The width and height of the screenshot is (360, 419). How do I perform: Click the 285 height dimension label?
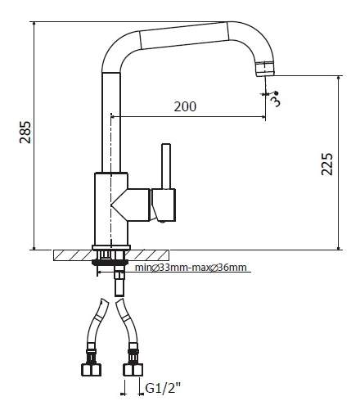click(x=25, y=132)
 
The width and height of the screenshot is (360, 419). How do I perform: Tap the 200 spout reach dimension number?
click(x=185, y=106)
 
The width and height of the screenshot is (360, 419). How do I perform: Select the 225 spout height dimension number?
click(x=327, y=164)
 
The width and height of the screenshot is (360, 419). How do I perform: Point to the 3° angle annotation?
click(x=276, y=98)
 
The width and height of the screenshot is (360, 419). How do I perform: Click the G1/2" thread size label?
click(x=163, y=388)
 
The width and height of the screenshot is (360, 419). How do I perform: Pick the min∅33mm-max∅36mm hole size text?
click(x=191, y=268)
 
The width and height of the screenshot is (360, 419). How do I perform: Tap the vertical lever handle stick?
click(x=166, y=166)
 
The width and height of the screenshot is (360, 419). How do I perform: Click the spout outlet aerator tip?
click(x=265, y=69)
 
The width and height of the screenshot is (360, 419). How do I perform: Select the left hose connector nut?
click(x=91, y=370)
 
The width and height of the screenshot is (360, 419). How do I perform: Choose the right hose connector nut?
click(x=133, y=370)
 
